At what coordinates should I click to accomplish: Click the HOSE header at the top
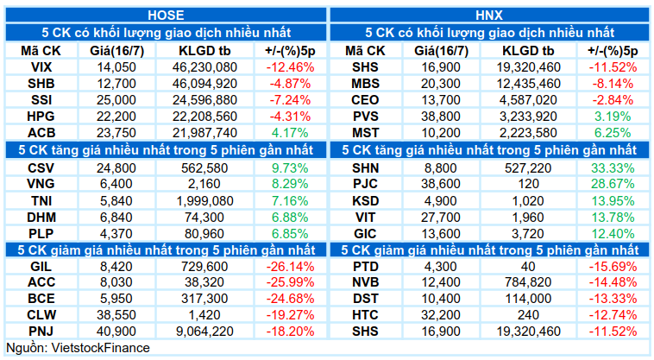point(166,15)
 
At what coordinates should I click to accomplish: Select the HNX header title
point(489,15)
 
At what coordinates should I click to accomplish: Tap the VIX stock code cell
point(41,67)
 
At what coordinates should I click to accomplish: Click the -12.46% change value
point(290,67)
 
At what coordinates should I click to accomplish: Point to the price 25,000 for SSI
point(116,100)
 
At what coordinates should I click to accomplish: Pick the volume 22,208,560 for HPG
point(204,117)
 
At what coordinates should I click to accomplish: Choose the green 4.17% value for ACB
point(290,133)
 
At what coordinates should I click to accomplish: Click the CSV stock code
point(41,168)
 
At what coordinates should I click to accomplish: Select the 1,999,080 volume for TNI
point(204,201)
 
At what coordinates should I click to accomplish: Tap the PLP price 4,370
point(116,234)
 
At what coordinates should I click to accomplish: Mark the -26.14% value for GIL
point(290,267)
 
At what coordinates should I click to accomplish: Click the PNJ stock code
point(41,332)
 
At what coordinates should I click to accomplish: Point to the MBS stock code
point(365,84)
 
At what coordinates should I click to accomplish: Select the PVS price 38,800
point(440,117)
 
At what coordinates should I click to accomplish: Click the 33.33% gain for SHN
point(613,168)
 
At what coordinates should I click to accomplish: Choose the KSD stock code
point(365,201)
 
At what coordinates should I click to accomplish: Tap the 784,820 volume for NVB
point(528,282)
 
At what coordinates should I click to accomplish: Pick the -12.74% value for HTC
point(613,315)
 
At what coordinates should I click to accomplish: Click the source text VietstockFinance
point(100,348)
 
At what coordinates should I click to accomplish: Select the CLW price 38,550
point(116,315)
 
